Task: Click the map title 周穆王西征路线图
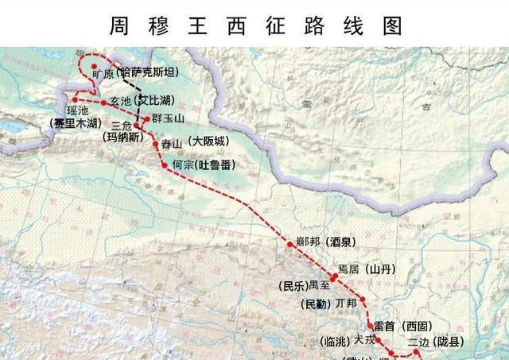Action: pyautogui.click(x=254, y=24)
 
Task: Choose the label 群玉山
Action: pyautogui.click(x=168, y=118)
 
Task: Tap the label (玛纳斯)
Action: pyautogui.click(x=124, y=137)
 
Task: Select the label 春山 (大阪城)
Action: pyautogui.click(x=194, y=143)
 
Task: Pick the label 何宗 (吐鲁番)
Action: pyautogui.click(x=206, y=165)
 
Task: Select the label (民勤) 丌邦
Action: pyautogui.click(x=326, y=304)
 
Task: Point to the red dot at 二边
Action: pyautogui.click(x=416, y=350)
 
